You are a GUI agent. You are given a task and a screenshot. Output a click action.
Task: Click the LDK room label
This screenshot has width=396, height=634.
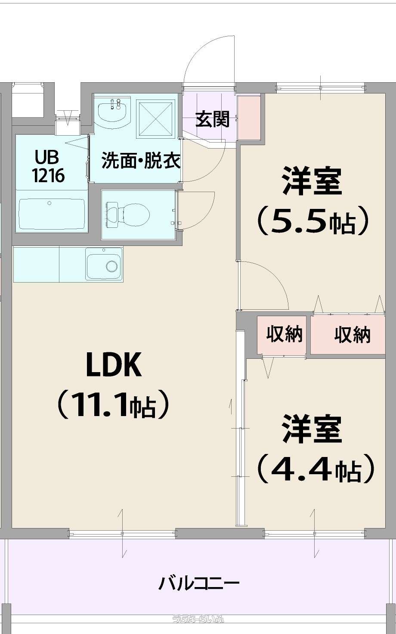(114, 364)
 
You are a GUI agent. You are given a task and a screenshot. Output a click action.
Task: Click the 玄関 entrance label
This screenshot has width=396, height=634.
(212, 119)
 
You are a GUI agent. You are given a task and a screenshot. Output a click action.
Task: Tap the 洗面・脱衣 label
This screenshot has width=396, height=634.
(141, 161)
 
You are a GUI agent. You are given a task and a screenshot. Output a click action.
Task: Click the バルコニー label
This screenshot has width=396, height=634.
(199, 584)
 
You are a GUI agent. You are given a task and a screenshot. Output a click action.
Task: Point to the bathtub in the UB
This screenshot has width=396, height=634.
(52, 214)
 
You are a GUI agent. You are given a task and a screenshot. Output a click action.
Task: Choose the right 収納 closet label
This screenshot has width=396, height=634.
(352, 334)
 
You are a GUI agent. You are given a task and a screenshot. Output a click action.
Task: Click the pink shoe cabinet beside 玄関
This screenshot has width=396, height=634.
(249, 117)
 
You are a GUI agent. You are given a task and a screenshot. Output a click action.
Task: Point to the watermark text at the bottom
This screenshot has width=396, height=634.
(198, 619)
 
